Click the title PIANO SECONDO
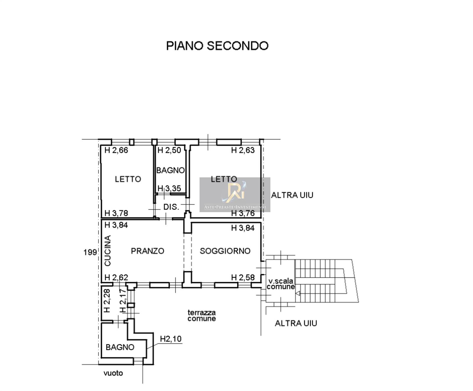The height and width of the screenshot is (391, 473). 217,46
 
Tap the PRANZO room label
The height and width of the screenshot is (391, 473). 148,251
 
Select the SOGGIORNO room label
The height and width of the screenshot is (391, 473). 225,251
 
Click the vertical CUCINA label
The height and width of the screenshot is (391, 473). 108,251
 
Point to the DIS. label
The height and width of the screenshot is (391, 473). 171,207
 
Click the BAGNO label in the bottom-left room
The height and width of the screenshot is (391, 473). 120,347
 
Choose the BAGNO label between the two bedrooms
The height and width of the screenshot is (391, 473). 171,170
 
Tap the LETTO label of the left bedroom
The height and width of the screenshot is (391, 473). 128,179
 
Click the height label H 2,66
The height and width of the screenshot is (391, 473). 116,150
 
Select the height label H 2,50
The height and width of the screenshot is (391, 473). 169,150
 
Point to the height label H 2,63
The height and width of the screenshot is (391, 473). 243,150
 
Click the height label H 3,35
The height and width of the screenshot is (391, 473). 169,188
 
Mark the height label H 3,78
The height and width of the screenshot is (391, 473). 116,213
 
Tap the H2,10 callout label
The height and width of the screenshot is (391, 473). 171,339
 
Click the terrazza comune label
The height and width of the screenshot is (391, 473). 202,315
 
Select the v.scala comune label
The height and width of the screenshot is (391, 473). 281,284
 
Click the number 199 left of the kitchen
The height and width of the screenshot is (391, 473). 90,252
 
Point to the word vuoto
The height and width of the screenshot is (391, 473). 113,373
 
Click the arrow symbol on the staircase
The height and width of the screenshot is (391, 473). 298,293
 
